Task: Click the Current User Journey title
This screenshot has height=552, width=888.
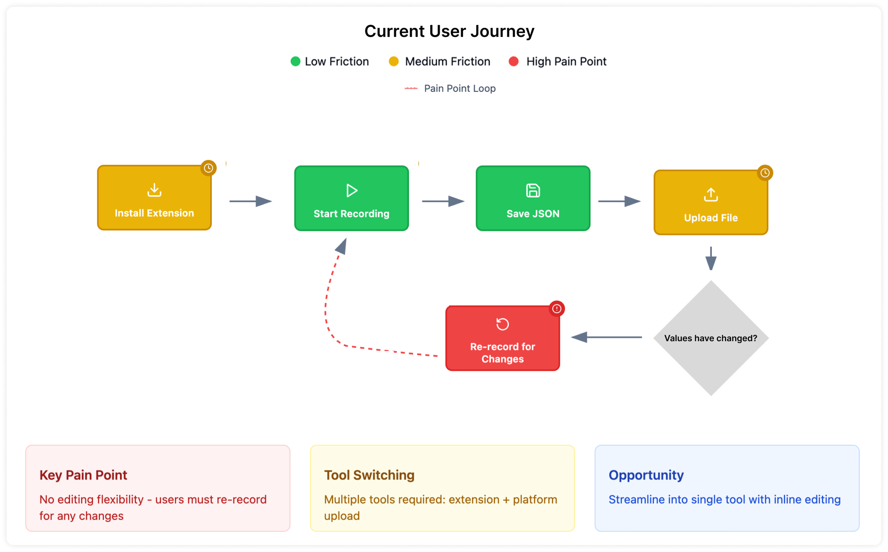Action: click(449, 31)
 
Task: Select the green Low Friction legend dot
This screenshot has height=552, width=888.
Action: click(295, 62)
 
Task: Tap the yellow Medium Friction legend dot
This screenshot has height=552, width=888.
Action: click(393, 62)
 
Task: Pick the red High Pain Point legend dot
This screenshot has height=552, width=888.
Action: click(513, 62)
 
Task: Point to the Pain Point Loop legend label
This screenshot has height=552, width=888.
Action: click(460, 89)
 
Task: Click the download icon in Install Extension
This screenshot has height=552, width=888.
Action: click(154, 190)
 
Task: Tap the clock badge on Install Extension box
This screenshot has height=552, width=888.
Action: click(209, 168)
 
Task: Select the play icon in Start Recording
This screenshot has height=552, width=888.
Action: click(352, 190)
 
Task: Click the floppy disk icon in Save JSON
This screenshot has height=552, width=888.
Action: click(533, 191)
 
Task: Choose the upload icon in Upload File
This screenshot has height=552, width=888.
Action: click(711, 195)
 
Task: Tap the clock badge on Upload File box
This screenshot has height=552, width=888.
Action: click(765, 173)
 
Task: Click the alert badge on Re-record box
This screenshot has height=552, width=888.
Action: click(557, 309)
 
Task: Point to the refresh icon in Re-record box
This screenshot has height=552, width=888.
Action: click(502, 324)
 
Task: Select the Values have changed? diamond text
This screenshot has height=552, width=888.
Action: click(711, 338)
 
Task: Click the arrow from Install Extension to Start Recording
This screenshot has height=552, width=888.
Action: click(250, 201)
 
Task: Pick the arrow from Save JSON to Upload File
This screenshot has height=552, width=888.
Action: click(619, 201)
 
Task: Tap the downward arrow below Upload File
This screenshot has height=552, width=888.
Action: click(711, 258)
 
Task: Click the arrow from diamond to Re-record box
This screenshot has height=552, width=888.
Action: click(606, 338)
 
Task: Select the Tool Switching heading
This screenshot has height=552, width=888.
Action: click(369, 475)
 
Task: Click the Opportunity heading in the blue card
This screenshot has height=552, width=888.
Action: click(646, 475)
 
